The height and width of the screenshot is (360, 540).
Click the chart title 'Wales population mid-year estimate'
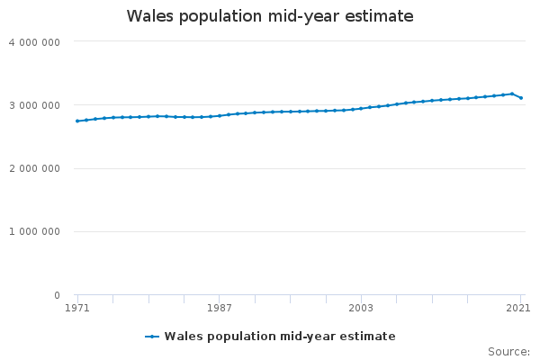click(270, 16)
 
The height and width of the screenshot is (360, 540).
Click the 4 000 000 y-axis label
click(34, 41)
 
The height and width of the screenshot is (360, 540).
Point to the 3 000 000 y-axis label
click(34, 105)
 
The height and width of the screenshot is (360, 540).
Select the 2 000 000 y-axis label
click(34, 168)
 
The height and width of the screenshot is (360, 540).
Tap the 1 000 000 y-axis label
click(34, 232)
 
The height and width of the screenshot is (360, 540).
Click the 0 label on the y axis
click(56, 295)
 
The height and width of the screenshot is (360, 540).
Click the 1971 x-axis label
click(77, 308)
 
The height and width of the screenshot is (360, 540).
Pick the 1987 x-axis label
click(220, 308)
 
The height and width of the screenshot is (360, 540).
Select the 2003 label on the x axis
click(361, 308)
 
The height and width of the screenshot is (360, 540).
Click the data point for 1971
click(77, 121)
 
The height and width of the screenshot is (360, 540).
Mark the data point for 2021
click(521, 98)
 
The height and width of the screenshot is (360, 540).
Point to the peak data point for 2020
click(512, 94)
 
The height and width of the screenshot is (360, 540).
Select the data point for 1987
click(220, 116)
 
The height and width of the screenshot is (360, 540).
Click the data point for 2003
click(361, 109)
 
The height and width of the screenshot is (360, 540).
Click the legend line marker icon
click(152, 337)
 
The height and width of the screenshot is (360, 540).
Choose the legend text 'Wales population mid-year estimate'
click(280, 337)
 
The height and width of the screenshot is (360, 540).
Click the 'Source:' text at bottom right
click(508, 351)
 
